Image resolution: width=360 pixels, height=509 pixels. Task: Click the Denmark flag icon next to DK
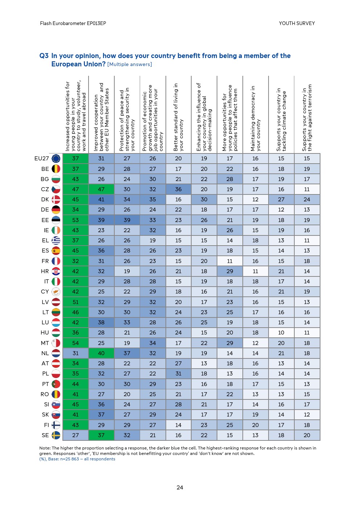[x=56, y=200]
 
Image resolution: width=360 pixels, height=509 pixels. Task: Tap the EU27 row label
[x=41, y=159]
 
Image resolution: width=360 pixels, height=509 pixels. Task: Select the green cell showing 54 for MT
[x=75, y=343]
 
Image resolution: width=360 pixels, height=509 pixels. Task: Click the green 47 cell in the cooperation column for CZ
[x=101, y=189]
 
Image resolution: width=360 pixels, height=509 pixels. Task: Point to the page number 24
[x=180, y=488]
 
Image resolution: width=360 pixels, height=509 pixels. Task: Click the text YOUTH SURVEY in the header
[x=296, y=23]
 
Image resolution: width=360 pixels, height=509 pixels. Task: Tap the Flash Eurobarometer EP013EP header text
[x=73, y=23]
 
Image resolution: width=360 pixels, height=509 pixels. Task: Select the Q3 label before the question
[x=44, y=56]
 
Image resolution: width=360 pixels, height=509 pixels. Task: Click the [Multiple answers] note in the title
[x=130, y=65]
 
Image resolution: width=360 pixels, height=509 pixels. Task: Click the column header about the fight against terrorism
[x=307, y=118]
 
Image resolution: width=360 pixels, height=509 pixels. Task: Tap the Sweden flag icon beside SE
[x=56, y=435]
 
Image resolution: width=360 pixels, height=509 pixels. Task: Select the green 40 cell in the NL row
[x=101, y=353]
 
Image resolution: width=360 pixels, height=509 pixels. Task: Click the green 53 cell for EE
[x=75, y=220]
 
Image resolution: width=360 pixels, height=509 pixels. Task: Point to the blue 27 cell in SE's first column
[x=75, y=435]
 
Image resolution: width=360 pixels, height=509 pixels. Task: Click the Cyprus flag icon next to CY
[x=56, y=292]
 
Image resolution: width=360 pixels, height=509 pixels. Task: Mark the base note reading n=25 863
[x=77, y=459]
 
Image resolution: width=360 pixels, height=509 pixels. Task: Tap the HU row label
[x=45, y=333]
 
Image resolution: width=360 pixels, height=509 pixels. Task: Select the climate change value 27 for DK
[x=281, y=200]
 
